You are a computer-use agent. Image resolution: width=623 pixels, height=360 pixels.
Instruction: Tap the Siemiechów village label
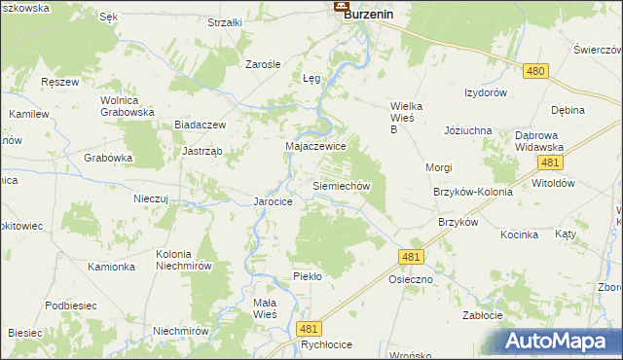[341, 185]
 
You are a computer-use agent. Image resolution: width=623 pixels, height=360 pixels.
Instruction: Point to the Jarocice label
[274, 201]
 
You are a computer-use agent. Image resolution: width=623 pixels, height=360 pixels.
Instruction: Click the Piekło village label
[307, 276]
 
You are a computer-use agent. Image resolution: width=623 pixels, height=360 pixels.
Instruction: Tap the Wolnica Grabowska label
[128, 105]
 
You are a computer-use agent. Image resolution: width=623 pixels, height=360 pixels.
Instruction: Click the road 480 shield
[534, 71]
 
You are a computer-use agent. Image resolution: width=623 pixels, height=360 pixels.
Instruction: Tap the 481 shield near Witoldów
[550, 163]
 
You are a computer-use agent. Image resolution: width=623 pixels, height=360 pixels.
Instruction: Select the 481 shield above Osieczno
[411, 256]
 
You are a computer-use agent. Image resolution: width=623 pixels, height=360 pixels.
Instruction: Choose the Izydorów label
[486, 93]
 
